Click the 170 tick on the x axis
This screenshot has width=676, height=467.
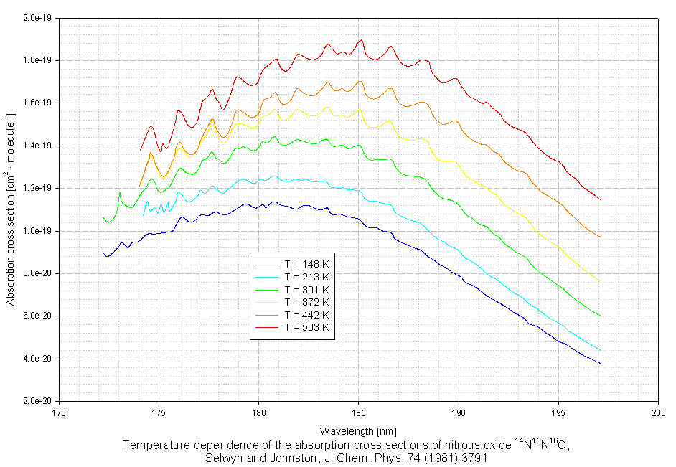coord(60,412)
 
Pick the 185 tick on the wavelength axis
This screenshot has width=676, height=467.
coord(359,412)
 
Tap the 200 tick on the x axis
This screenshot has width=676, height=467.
coord(658,412)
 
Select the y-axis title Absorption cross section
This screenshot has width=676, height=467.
coord(11,209)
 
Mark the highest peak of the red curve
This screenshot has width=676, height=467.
coord(360,40)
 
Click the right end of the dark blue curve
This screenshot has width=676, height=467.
coord(601,364)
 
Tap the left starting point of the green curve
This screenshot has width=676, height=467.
coord(103,217)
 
